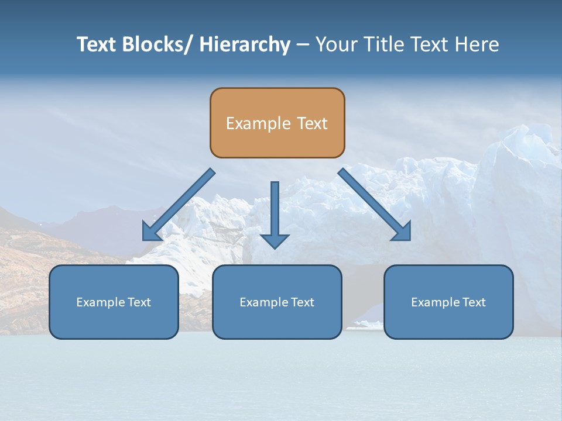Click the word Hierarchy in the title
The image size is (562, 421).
245,44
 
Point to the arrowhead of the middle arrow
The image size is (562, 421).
275,240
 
